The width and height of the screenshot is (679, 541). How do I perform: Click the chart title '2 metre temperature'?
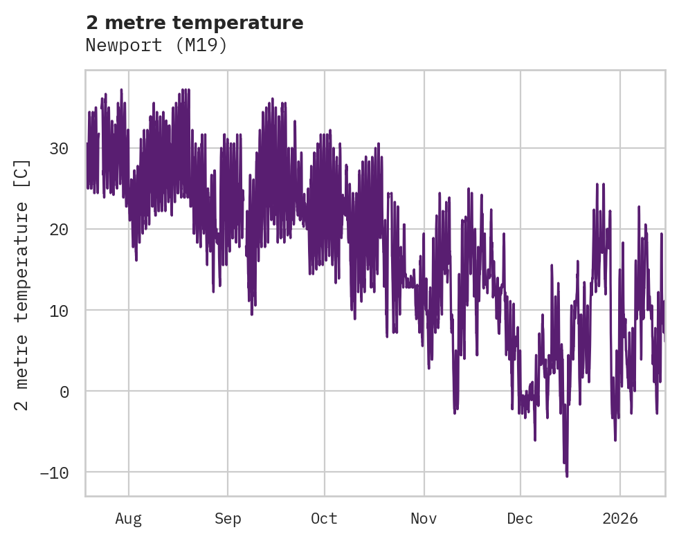(194, 23)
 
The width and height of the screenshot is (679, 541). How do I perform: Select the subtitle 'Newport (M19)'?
(156, 46)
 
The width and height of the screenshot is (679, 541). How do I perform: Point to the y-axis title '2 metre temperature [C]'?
(22, 284)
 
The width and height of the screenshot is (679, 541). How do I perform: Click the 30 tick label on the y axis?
(59, 149)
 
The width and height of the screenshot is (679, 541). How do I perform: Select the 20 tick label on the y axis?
(59, 230)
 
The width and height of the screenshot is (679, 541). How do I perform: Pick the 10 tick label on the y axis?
(59, 311)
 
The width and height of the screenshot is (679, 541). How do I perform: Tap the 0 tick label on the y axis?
(64, 392)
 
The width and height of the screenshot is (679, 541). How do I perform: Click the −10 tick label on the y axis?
(55, 473)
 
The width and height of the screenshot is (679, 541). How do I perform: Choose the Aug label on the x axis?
(129, 519)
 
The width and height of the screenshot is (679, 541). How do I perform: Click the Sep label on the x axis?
(227, 519)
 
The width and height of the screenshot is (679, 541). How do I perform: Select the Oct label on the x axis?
(324, 519)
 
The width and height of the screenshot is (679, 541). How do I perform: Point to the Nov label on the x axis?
(424, 519)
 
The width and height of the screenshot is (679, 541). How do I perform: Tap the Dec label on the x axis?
(520, 519)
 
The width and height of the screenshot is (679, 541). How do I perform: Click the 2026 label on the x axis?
(619, 519)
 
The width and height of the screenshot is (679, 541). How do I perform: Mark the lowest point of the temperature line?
(567, 476)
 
